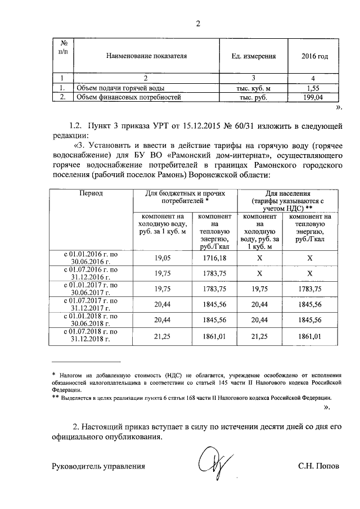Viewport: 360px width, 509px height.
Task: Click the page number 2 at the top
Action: [x=198, y=23]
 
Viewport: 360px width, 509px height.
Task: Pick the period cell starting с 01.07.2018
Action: [x=91, y=336]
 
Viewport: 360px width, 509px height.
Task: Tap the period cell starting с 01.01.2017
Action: [x=91, y=289]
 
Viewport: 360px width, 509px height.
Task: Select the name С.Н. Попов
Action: [x=319, y=466]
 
